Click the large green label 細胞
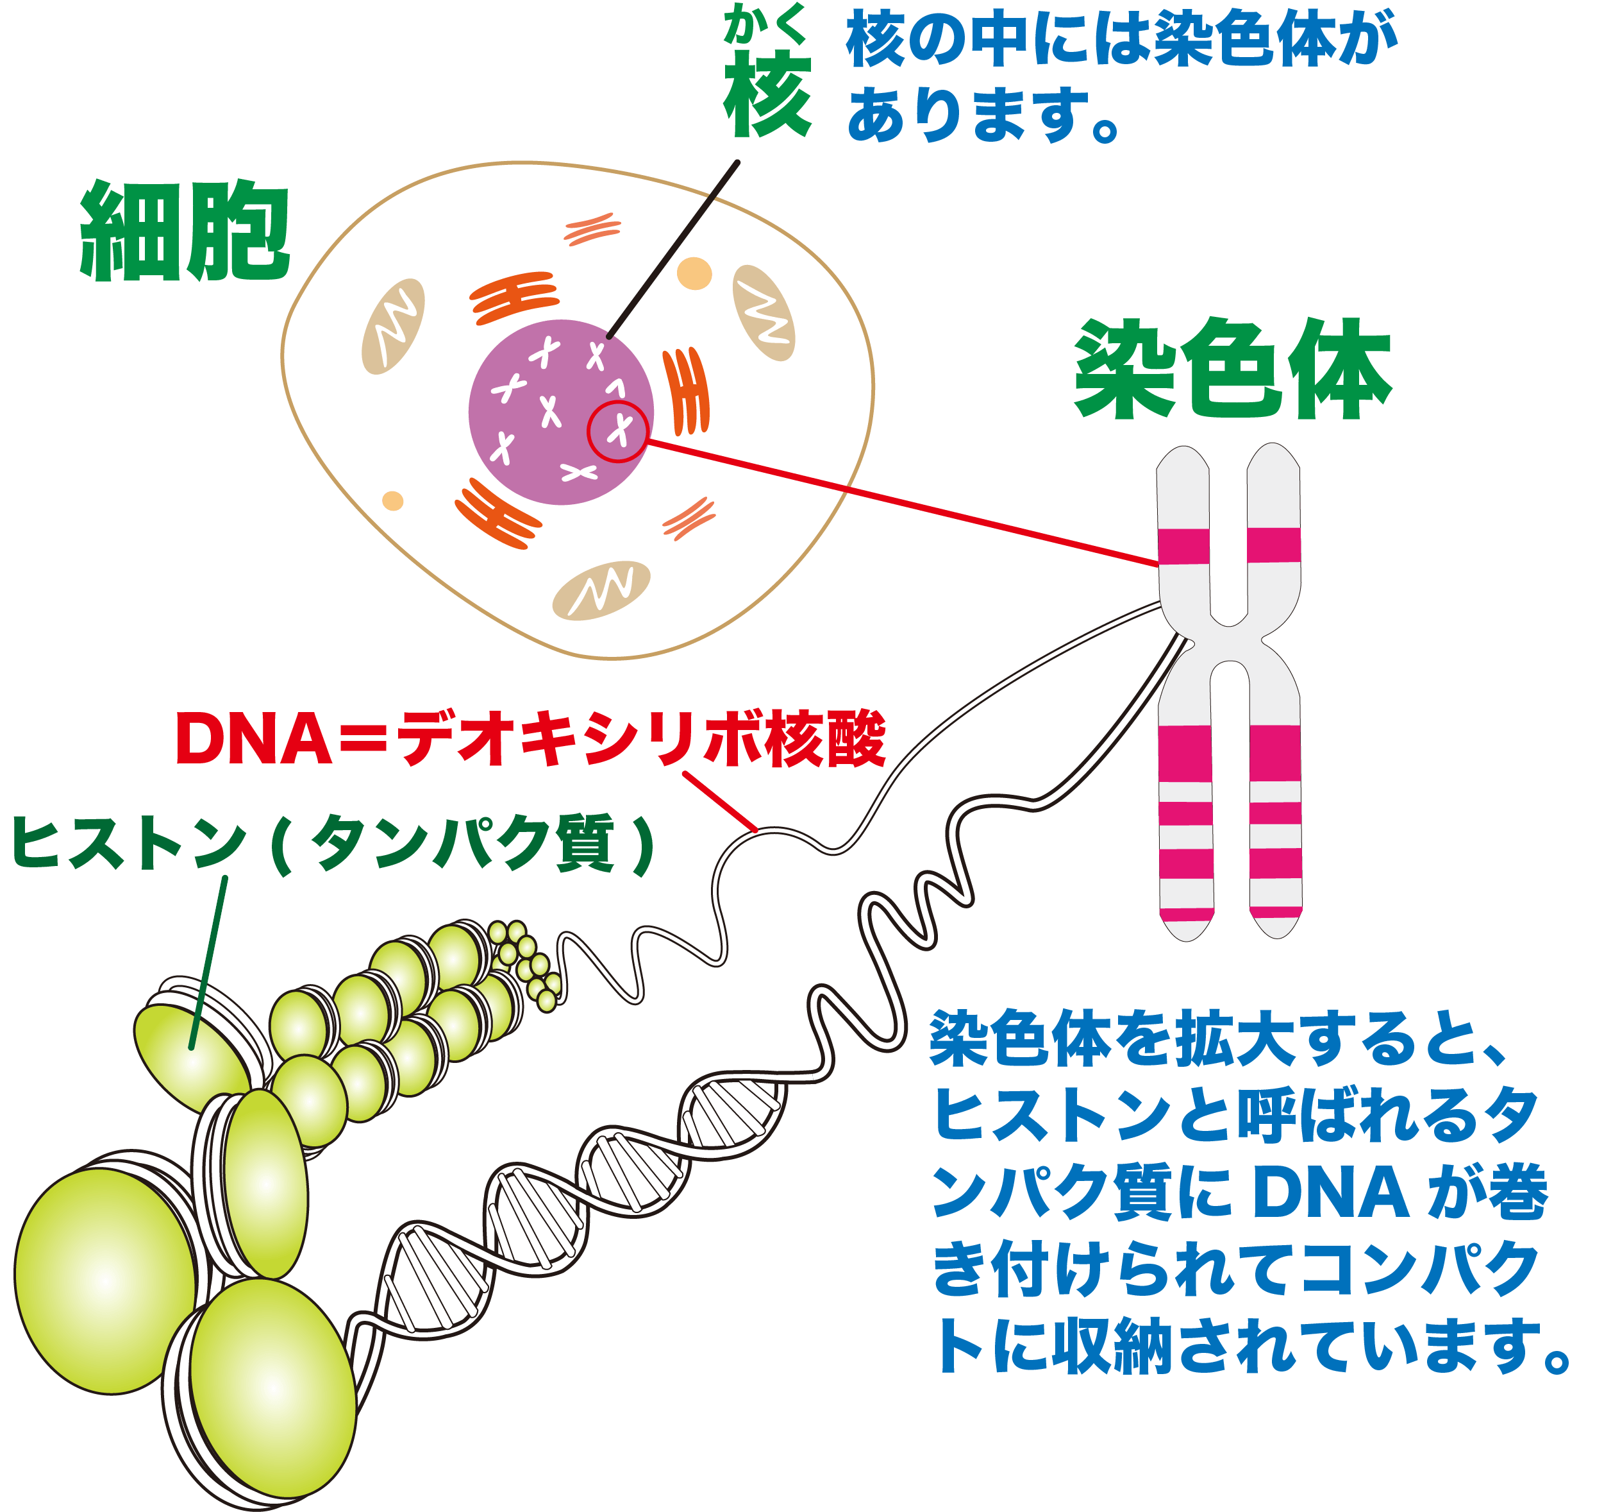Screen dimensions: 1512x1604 185,232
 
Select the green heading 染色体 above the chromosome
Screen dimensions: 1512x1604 1232,370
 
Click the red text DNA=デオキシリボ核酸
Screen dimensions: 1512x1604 531,738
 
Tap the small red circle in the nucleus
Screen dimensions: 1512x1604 617,431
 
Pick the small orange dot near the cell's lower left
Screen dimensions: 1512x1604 393,500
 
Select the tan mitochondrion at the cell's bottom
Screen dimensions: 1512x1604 601,590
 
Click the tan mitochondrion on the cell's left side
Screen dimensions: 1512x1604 394,326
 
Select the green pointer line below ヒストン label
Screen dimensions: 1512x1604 209,961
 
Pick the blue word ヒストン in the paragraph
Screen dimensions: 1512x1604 1053,1116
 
